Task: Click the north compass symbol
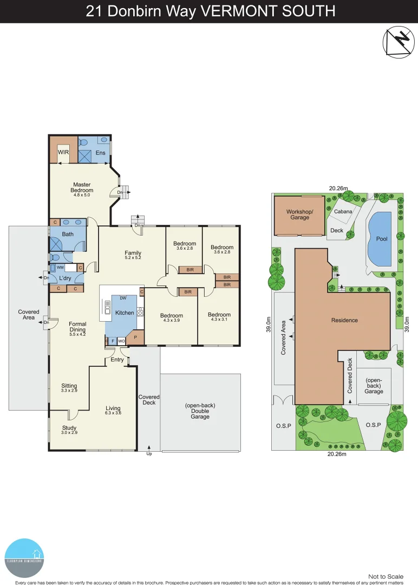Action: (398, 42)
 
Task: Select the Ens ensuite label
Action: (101, 153)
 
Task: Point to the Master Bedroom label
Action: (82, 187)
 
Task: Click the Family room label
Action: (133, 253)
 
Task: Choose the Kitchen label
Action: (125, 313)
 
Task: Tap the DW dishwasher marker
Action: (123, 298)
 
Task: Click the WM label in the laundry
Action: (61, 268)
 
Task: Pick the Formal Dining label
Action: (77, 327)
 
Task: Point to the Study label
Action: (69, 428)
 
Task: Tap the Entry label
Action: (117, 360)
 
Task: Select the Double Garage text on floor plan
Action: (200, 414)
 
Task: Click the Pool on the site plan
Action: (382, 239)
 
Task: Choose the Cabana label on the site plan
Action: (343, 212)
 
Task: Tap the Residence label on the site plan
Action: (344, 320)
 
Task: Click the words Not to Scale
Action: (386, 576)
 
